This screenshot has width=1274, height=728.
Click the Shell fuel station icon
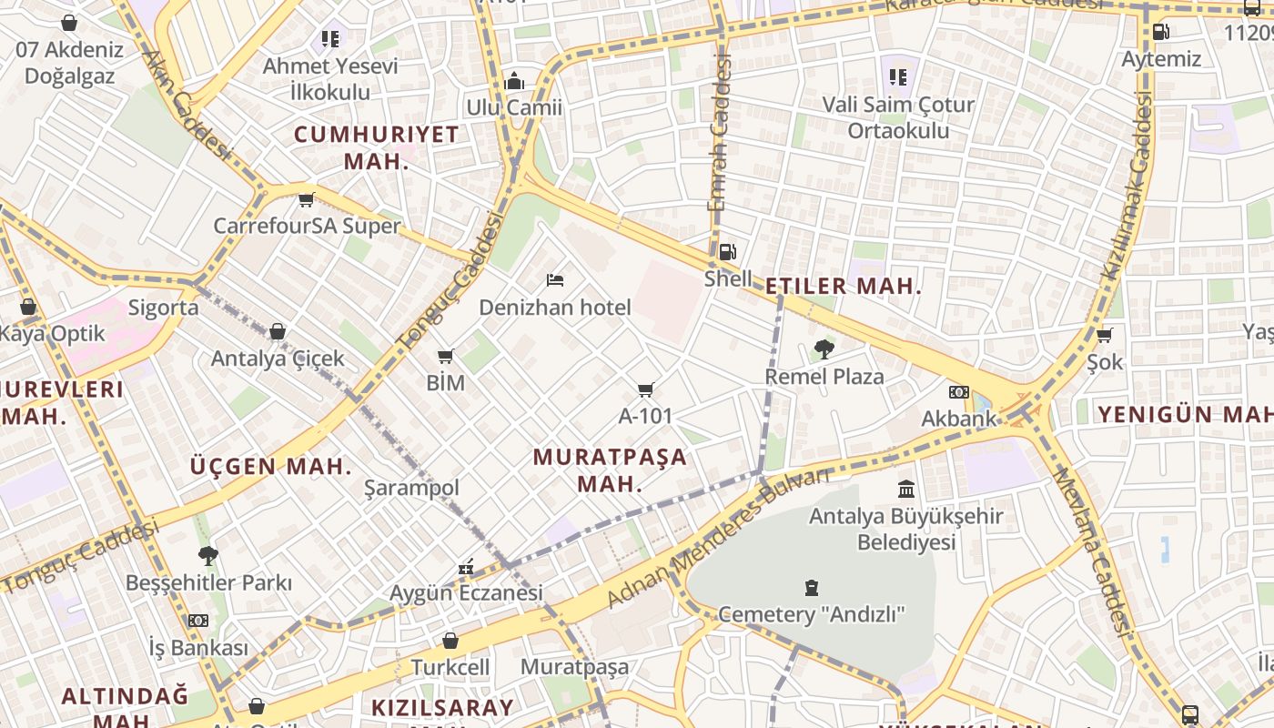tap(727, 252)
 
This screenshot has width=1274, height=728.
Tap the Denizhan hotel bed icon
tap(555, 280)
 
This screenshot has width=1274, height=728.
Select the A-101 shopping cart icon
tap(646, 389)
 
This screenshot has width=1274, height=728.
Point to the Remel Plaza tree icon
tap(824, 349)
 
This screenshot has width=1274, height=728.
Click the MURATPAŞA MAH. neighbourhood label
tap(610, 470)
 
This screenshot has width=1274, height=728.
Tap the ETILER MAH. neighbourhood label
tap(844, 286)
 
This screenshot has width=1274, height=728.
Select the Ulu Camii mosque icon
tap(514, 82)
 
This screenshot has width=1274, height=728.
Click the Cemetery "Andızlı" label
tap(812, 614)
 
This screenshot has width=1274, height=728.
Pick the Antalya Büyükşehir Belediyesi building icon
tap(906, 489)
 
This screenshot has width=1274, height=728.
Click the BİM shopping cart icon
tap(445, 356)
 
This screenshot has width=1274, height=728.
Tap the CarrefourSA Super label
tap(307, 226)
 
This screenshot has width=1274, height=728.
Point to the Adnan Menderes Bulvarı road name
tap(718, 539)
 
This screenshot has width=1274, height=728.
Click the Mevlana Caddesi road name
tap(1091, 551)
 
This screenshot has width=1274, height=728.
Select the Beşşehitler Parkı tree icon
tap(208, 555)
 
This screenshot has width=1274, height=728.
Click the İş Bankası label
tap(198, 648)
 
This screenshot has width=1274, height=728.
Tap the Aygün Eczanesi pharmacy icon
tap(466, 567)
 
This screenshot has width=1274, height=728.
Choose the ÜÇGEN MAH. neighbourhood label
tap(270, 467)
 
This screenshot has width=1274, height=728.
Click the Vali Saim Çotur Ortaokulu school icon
tap(898, 77)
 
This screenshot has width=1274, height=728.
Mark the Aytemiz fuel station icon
tap(1161, 32)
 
